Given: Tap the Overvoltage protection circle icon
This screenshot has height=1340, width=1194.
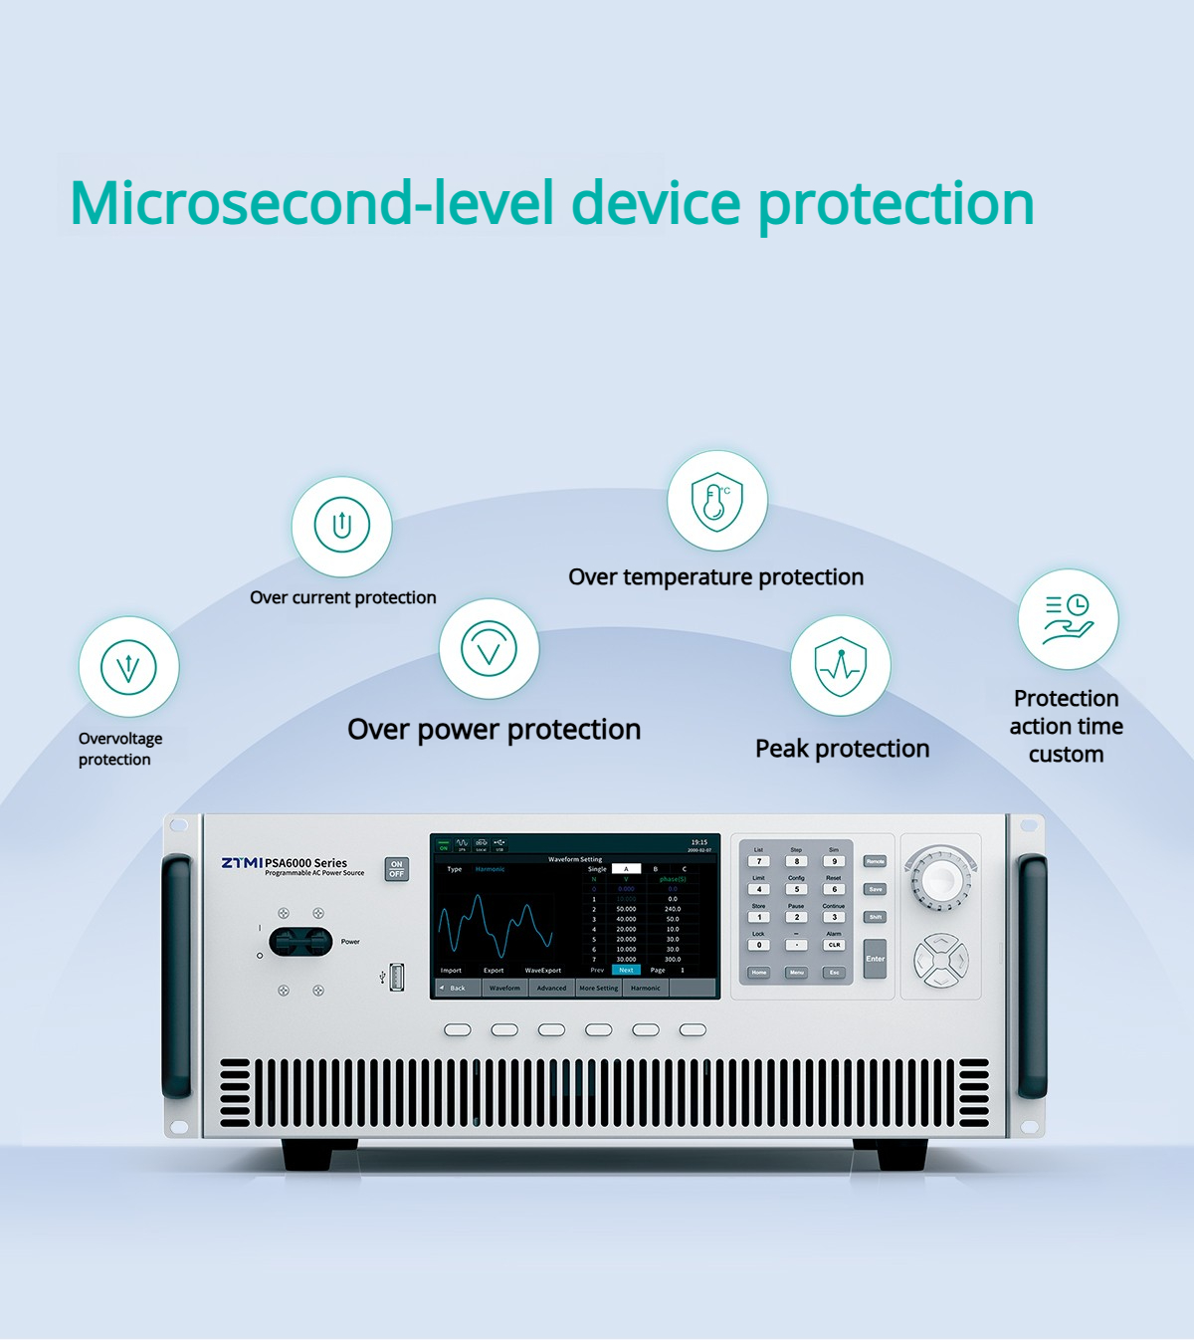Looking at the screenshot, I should pos(128,666).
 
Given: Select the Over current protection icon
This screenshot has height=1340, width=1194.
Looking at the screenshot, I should pos(341,526).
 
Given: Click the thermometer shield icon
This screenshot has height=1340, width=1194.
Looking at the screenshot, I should pos(716,500).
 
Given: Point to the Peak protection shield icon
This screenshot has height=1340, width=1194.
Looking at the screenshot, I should pos(840,665).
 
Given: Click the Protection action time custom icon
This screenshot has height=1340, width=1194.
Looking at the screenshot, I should pos(1068,618).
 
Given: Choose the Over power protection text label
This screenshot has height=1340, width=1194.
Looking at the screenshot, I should pos(494,730).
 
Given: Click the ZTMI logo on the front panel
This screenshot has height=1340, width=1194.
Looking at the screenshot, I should pos(242,862).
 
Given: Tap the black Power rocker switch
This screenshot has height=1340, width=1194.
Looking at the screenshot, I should pos(300,942).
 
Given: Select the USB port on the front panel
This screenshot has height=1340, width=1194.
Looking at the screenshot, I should pos(396,977).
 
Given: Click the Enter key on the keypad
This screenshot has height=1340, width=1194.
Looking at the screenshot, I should pos(875,959).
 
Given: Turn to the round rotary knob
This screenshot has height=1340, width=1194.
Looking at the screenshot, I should pos(940,879).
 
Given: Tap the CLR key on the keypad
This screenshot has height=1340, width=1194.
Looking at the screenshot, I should pos(834,945).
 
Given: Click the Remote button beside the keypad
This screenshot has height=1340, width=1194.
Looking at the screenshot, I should pos(875,861).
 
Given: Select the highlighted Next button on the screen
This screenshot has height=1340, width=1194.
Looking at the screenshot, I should pos(626,970).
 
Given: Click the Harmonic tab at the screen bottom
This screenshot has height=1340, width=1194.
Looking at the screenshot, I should pos(646,988).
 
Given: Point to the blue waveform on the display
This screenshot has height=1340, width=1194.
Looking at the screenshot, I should pos(495,925).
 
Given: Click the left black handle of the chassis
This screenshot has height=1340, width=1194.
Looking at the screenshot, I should pos(177,977).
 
